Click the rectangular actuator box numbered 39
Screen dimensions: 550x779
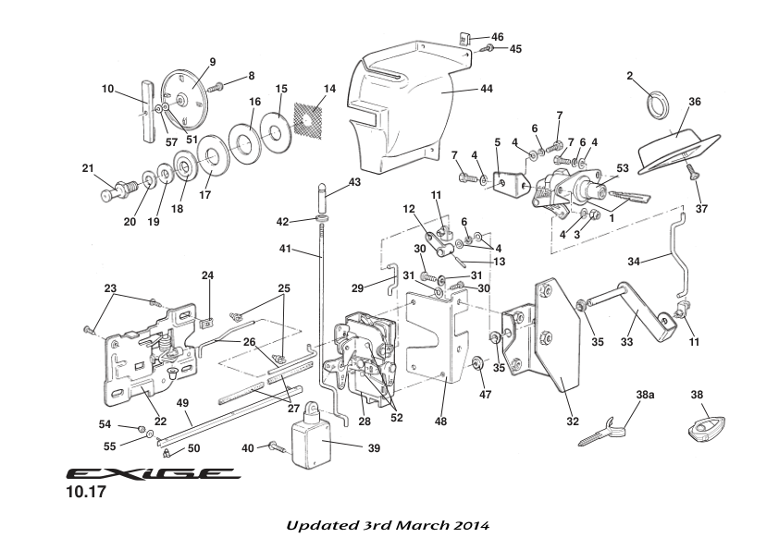click(312, 442)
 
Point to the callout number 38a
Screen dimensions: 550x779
click(645, 394)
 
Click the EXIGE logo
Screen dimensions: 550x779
click(154, 473)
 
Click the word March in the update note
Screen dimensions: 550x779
click(405, 526)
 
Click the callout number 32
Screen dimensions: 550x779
click(573, 421)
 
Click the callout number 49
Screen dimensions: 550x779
click(182, 402)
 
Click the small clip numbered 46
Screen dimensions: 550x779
click(465, 39)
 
